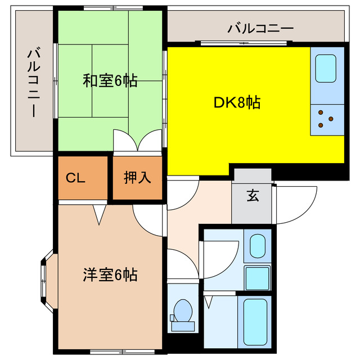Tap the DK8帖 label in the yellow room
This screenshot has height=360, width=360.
pos(237,103)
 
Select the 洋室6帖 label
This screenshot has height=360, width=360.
pos(110,275)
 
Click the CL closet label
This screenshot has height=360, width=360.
pos(75,179)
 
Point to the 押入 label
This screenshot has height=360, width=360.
pos(137,179)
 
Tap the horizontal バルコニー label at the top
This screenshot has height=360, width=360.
pos(260,29)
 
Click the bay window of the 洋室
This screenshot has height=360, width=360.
pos(45,280)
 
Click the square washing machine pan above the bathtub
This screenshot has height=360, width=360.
pos(257,278)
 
